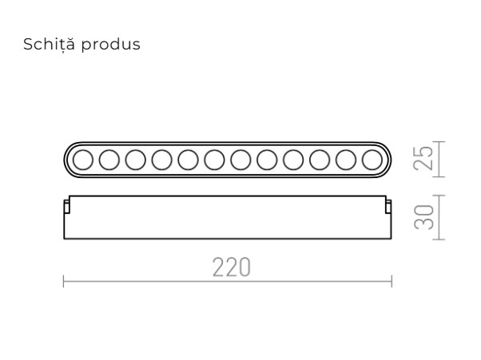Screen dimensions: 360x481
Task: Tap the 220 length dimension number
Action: [232, 267]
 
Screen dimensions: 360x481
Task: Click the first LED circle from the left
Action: [82, 160]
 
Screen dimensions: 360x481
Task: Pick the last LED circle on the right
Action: [372, 160]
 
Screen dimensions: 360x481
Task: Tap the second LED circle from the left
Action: [109, 160]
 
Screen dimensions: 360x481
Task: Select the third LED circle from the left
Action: [135, 160]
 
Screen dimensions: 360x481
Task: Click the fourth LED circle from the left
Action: [161, 160]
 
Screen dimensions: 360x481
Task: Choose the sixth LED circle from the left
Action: [214, 160]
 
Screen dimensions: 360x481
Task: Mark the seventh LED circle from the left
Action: [240, 160]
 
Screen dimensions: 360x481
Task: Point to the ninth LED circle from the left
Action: [293, 160]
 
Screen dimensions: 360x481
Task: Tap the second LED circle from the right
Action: [346, 160]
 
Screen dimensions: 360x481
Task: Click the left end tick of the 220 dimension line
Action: [64, 281]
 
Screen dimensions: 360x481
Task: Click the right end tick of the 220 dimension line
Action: [392, 281]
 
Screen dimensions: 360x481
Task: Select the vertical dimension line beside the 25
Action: [442, 159]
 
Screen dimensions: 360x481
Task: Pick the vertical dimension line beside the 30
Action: [442, 216]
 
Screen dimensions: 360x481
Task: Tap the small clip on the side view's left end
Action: [67, 207]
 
